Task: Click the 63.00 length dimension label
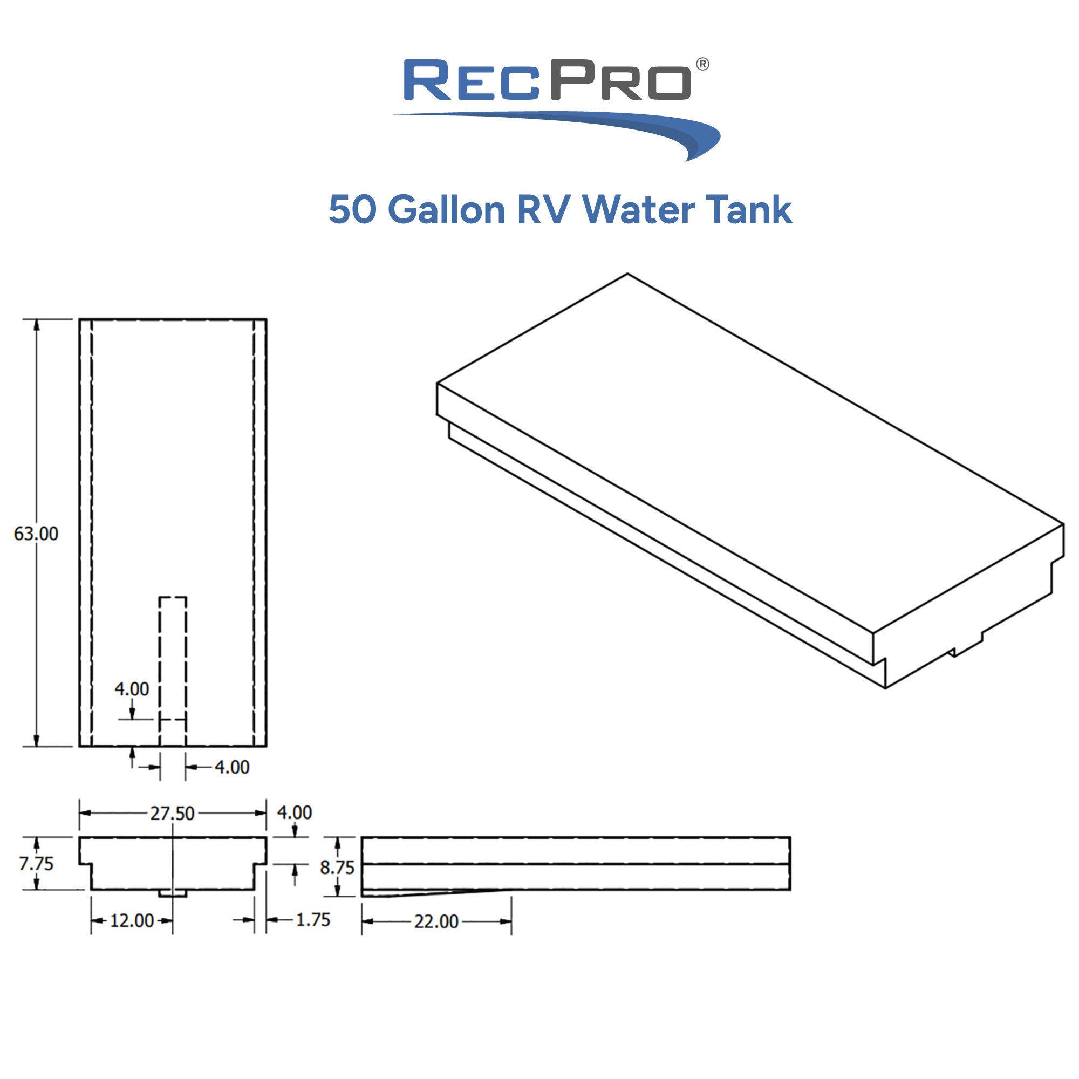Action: coord(36,534)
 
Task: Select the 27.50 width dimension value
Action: coord(172,813)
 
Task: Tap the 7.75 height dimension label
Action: coord(36,863)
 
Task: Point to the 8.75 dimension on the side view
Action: coord(337,868)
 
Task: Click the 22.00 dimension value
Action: coord(435,921)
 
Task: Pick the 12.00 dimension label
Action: coord(131,920)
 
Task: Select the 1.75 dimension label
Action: coord(313,919)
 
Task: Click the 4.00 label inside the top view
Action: coord(132,689)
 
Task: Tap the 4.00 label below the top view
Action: coord(232,767)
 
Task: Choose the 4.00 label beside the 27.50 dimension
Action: coord(295,812)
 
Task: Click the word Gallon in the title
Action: coord(446,210)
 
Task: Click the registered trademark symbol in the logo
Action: coord(702,64)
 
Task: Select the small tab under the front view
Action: coord(173,893)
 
